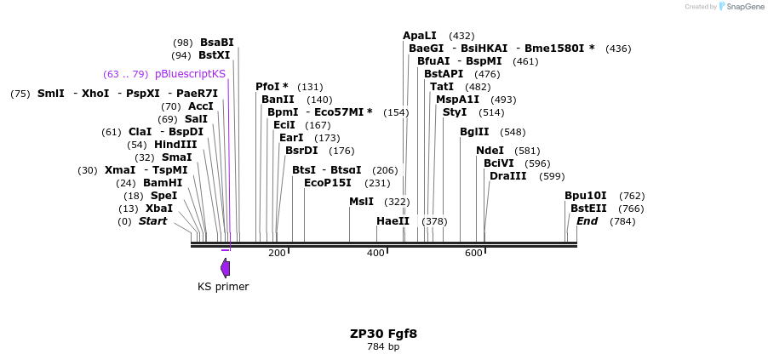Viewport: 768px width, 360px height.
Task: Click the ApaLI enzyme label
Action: (x=419, y=36)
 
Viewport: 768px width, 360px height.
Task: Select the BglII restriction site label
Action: (x=474, y=132)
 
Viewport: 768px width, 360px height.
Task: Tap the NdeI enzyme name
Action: (x=490, y=151)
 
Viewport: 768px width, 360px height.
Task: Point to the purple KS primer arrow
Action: (x=225, y=268)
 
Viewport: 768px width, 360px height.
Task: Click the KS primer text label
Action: (x=223, y=287)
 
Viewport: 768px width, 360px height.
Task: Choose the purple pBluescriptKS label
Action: (x=190, y=74)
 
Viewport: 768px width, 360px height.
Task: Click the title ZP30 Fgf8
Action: (x=383, y=334)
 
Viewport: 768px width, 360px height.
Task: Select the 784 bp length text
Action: (x=383, y=347)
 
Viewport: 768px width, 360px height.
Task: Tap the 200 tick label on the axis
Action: (x=277, y=254)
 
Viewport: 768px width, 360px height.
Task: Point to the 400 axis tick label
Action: (x=375, y=254)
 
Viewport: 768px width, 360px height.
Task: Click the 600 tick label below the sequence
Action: (x=473, y=254)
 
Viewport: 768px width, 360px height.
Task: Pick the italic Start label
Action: (x=153, y=221)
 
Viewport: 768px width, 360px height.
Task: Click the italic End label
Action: (x=587, y=221)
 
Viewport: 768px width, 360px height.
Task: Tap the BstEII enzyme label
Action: (x=588, y=209)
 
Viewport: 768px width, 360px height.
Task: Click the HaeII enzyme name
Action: (x=393, y=221)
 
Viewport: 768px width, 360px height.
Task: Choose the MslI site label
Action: (x=361, y=202)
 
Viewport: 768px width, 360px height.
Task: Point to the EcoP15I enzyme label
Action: (x=327, y=183)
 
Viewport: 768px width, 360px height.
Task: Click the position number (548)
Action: (x=513, y=132)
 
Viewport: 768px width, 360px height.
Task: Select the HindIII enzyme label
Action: (x=175, y=145)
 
